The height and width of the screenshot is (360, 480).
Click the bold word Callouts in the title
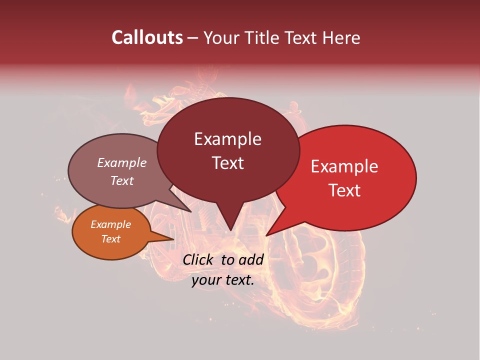[147, 37]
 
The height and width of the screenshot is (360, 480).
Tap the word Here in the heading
[341, 37]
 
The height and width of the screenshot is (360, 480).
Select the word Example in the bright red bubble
[344, 166]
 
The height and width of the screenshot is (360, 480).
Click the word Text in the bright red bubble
[345, 190]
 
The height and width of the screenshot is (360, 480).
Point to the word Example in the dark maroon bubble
[227, 139]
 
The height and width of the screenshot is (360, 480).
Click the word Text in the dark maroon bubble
[228, 163]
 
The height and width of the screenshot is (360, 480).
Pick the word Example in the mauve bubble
[122, 162]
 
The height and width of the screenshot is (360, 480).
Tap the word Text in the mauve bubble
[122, 180]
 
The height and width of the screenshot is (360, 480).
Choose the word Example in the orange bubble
[111, 224]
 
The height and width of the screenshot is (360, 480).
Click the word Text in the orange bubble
[111, 239]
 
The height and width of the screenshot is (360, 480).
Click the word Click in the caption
[198, 259]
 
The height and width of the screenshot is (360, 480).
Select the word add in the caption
[251, 259]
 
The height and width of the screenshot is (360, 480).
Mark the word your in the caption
[206, 280]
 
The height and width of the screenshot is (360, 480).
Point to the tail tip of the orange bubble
[173, 239]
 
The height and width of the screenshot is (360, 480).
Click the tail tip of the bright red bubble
[266, 235]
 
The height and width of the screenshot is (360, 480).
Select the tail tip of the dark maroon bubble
[230, 230]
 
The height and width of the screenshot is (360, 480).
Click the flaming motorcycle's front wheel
[320, 265]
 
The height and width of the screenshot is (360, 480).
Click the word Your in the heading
[221, 37]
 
